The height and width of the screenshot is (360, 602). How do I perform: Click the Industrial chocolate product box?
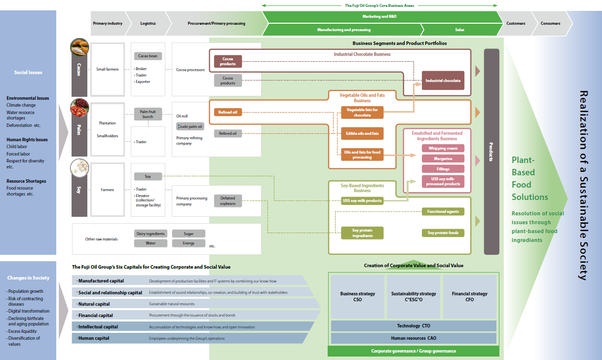coord(443,80)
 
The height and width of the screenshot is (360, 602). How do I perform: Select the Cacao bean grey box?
coord(148,56)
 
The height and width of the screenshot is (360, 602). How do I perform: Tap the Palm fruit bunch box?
coord(148,114)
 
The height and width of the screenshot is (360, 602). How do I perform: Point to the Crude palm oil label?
coord(190,126)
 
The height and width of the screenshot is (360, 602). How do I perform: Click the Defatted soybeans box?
coord(227,200)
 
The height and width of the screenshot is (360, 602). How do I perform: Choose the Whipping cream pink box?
coord(443,148)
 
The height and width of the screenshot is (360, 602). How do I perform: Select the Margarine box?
coord(443,159)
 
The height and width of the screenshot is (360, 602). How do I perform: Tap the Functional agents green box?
coord(443,211)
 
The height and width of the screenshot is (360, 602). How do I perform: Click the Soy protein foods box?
coord(443,233)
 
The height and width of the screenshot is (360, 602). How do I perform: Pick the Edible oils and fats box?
coord(362,133)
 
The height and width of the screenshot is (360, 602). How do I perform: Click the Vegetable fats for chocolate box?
coord(362,113)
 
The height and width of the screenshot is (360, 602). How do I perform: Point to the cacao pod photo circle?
coord(79,47)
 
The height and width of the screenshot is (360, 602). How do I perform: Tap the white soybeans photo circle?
coord(79,168)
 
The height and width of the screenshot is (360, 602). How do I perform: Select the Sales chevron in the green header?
coord(459,30)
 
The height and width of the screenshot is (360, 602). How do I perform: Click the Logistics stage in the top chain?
coord(148,23)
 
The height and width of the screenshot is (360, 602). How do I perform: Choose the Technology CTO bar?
coord(414,326)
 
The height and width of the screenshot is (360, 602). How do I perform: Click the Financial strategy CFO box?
coord(469,296)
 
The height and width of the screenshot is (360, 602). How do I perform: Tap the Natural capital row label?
coord(94,304)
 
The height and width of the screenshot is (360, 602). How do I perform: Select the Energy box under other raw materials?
coord(188,243)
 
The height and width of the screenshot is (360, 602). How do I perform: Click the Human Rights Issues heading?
coord(27,140)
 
